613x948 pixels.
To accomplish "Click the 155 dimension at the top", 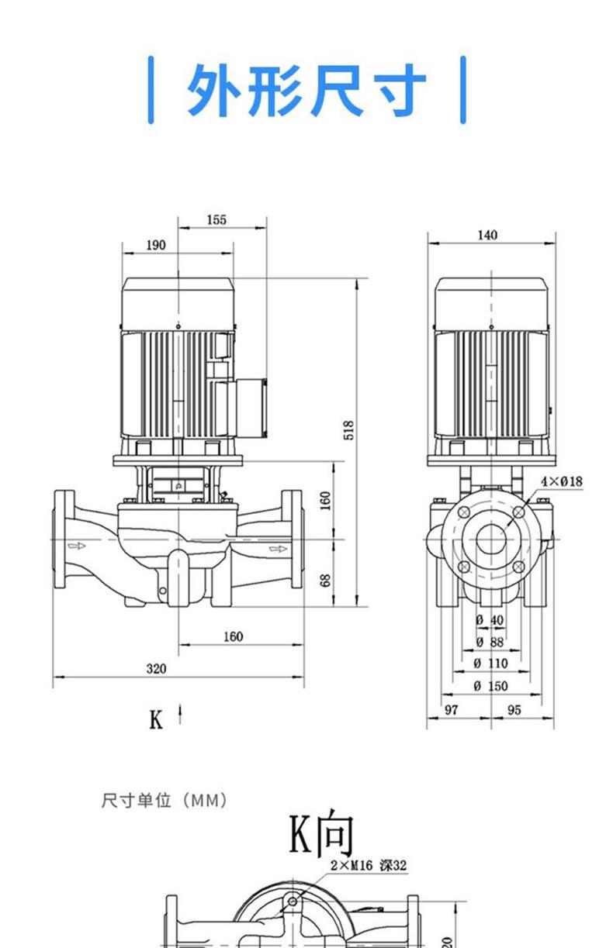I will tap(216, 220).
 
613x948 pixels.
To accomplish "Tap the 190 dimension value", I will tap(156, 245).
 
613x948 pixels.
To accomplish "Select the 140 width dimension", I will tap(487, 236).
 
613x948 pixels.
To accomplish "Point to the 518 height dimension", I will tap(349, 430).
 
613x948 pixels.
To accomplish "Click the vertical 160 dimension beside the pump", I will tap(326, 500).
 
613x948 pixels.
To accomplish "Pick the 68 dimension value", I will tap(326, 580).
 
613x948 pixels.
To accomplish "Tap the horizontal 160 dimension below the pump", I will tap(233, 636).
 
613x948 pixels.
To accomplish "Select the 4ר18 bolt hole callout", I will tap(561, 481).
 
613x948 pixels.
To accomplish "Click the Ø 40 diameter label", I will tap(489, 620).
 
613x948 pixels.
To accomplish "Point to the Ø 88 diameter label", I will tap(489, 642).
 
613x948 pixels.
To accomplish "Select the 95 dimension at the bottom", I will tap(514, 709).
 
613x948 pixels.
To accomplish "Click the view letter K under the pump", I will tap(156, 720).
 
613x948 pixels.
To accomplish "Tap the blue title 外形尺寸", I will tap(306, 90).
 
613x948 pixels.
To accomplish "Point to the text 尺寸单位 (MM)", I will tap(165, 800).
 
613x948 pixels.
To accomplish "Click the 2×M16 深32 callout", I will tap(369, 865).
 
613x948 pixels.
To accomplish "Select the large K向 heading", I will tap(321, 833).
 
